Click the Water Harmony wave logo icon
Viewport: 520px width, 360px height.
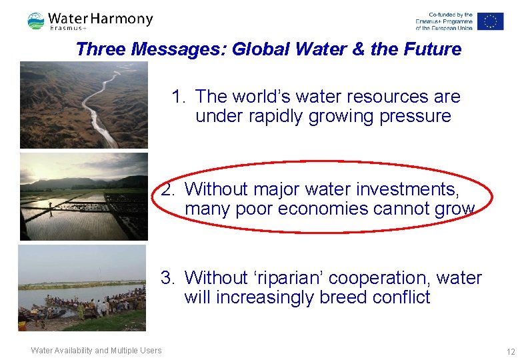click(x=36, y=21)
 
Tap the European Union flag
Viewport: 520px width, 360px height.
click(x=491, y=21)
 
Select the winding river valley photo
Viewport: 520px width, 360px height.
click(x=83, y=105)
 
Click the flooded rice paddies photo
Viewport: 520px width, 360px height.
click(x=83, y=196)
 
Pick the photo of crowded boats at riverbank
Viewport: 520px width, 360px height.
click(x=81, y=288)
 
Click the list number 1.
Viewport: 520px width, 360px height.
click(x=177, y=97)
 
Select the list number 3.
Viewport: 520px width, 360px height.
click(x=167, y=278)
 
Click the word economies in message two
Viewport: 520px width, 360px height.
click(x=322, y=209)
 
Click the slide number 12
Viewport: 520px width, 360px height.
click(x=511, y=351)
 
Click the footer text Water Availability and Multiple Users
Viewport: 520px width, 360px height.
click(x=96, y=351)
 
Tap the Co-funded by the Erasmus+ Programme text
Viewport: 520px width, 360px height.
click(x=443, y=21)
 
